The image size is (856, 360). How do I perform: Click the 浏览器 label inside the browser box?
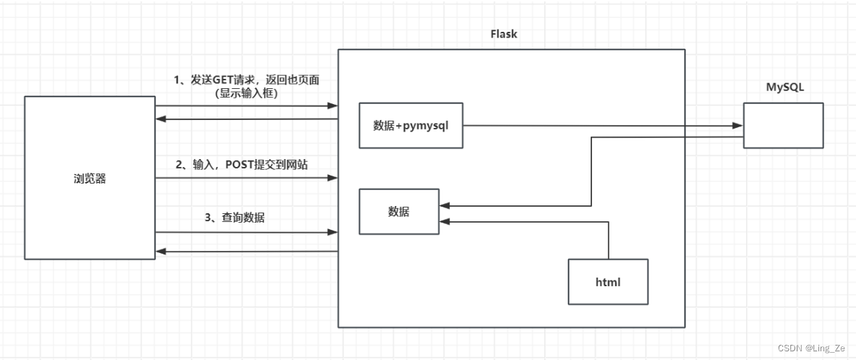[x=90, y=179]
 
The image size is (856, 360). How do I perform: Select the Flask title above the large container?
[x=503, y=33]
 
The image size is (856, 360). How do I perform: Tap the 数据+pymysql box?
[x=411, y=125]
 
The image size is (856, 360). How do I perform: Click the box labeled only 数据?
[x=399, y=212]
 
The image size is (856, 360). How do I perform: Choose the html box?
[x=608, y=280]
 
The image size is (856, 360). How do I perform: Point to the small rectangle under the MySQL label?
[x=783, y=125]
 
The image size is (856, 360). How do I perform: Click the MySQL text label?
[x=785, y=87]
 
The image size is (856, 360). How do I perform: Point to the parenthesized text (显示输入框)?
[x=246, y=94]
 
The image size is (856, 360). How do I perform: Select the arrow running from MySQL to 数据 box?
[x=591, y=173]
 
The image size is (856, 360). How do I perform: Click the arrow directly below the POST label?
[x=246, y=178]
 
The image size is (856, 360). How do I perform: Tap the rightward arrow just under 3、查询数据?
[x=246, y=232]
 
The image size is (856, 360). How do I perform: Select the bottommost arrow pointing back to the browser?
[x=246, y=251]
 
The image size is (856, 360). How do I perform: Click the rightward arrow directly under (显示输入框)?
[x=246, y=106]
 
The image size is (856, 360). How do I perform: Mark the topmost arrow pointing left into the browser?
[x=246, y=120]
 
